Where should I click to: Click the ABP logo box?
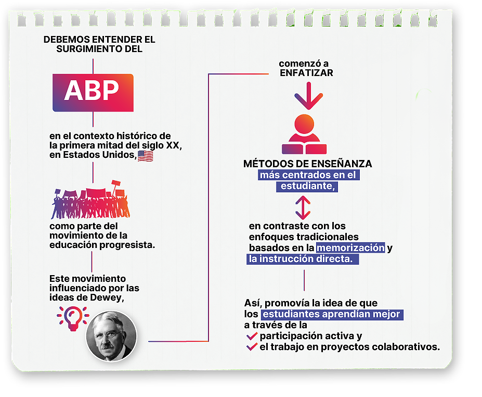[93, 92]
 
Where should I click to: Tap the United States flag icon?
[145, 156]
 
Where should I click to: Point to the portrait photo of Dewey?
[111, 337]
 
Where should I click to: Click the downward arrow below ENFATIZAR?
[308, 95]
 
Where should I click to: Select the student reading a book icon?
[304, 134]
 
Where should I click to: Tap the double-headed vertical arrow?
[303, 207]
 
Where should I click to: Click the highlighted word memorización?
[351, 248]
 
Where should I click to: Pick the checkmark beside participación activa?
[252, 335]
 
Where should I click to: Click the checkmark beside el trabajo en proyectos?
[252, 346]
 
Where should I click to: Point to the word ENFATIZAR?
[306, 73]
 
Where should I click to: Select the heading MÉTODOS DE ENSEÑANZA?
[308, 164]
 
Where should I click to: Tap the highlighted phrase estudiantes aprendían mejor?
[331, 314]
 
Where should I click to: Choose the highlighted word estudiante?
[306, 186]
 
